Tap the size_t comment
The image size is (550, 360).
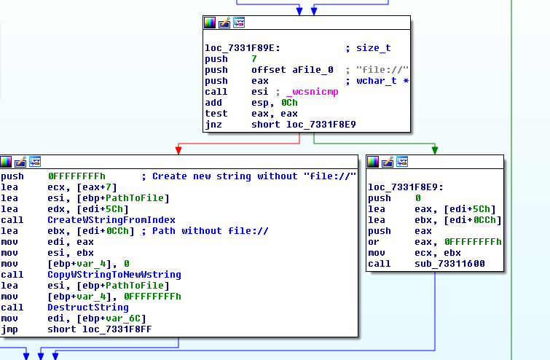point(373,48)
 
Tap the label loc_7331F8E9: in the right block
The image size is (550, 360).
point(403,187)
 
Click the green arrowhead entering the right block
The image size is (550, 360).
point(435,150)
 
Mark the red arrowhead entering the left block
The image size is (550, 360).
point(179,150)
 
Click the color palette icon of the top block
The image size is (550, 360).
point(211,23)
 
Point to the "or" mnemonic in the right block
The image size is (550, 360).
point(373,241)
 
